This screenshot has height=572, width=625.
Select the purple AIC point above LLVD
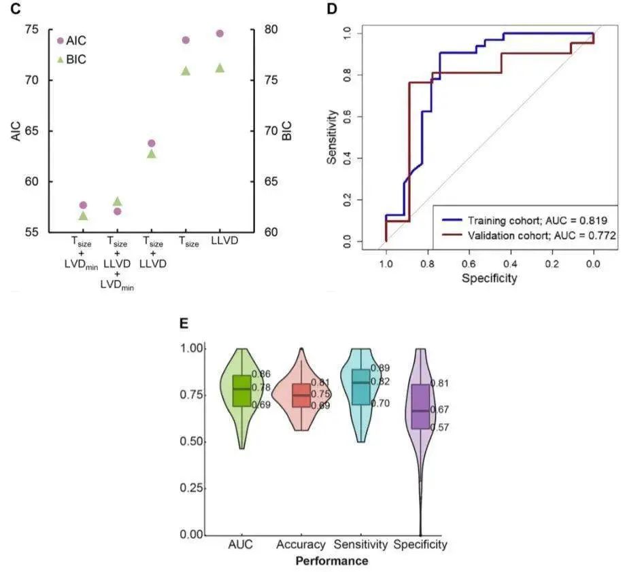click(x=220, y=33)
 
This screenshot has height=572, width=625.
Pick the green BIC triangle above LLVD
click(x=220, y=68)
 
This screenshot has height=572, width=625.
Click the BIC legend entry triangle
click(x=61, y=60)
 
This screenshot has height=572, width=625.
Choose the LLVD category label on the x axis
click(x=220, y=241)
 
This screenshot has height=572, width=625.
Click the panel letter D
click(x=332, y=9)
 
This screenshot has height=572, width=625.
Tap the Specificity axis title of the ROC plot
click(x=489, y=278)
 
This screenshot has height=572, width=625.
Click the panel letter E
click(x=183, y=323)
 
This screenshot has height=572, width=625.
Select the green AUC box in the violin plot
click(x=241, y=391)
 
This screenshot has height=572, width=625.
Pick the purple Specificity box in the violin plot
click(x=420, y=406)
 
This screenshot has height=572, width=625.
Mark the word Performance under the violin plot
click(x=331, y=561)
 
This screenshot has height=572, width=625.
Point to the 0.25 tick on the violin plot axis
click(x=192, y=488)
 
